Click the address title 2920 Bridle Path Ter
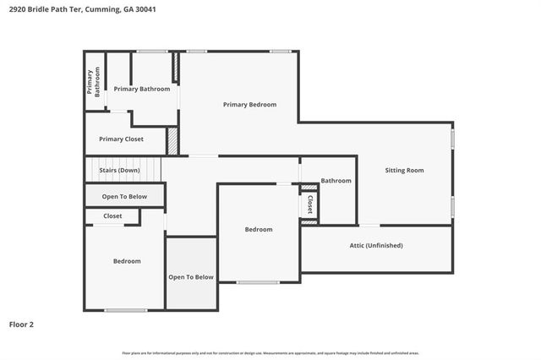[82, 9]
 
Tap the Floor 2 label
[21, 324]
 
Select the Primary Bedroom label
[249, 105]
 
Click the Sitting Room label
[404, 170]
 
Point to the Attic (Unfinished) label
[376, 246]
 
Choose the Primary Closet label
[121, 139]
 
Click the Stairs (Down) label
[119, 170]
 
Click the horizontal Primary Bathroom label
[142, 89]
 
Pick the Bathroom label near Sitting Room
[336, 180]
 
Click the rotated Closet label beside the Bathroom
[310, 204]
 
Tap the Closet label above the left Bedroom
[112, 216]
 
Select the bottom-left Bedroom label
[127, 261]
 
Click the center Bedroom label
[259, 230]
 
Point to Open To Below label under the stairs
[124, 197]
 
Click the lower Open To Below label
[191, 277]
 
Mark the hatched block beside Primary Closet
[172, 141]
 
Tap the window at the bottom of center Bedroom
[258, 281]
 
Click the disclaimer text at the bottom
[270, 352]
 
